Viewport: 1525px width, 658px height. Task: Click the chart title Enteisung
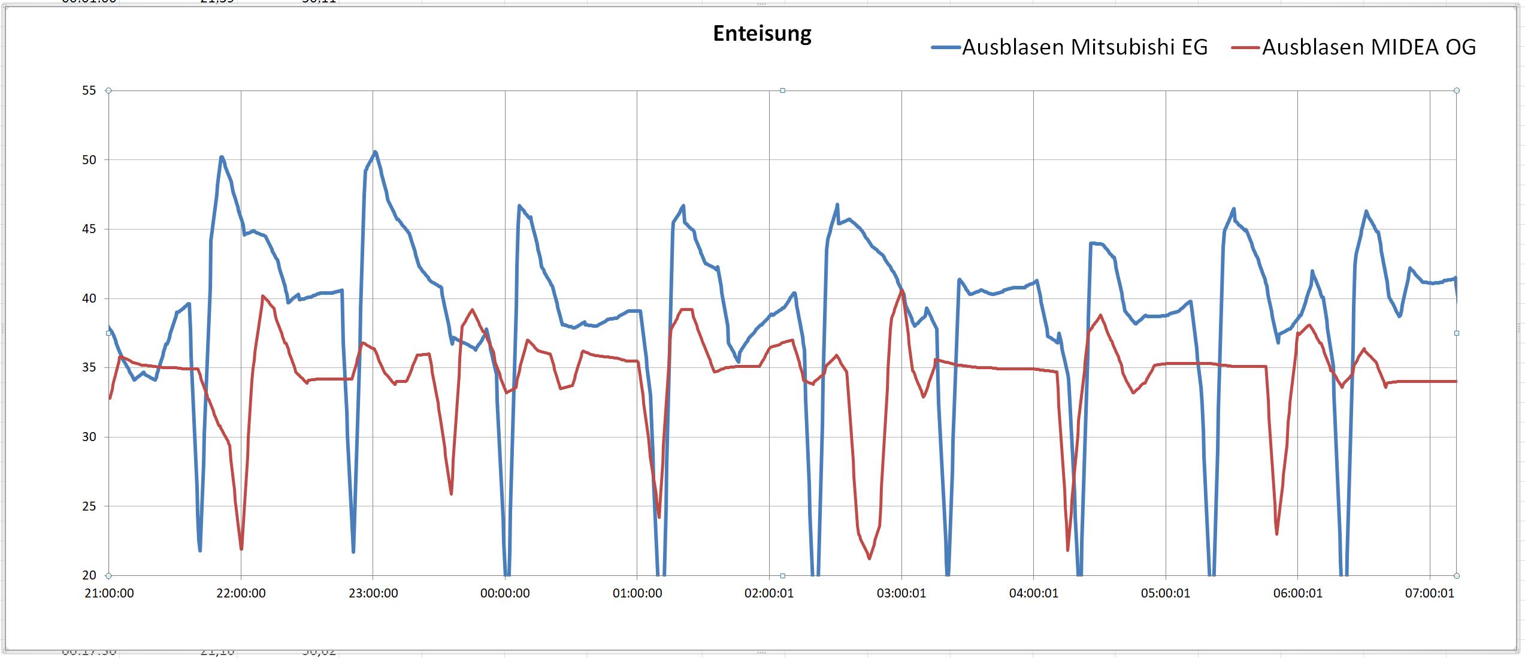[762, 34]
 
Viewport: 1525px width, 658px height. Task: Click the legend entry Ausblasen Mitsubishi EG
[1084, 47]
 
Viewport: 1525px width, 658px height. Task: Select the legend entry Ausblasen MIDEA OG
[1369, 47]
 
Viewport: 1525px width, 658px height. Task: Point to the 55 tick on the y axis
[89, 90]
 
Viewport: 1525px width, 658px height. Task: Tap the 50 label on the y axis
[89, 160]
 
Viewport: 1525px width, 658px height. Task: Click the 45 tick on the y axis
[89, 229]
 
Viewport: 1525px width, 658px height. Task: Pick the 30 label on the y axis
[89, 437]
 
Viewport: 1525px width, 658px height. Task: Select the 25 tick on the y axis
[89, 506]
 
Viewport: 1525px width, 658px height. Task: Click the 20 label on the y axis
[89, 575]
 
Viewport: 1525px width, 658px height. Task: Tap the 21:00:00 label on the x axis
[109, 593]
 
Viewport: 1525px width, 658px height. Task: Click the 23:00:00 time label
[373, 593]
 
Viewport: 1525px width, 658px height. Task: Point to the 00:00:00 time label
[505, 593]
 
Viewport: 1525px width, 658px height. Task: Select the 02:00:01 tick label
[769, 593]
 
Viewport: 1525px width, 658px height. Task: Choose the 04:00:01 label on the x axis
[1033, 593]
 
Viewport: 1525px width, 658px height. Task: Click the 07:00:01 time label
[1429, 593]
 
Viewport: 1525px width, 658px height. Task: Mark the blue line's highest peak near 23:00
[375, 152]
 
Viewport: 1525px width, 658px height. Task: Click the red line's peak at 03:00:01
[902, 291]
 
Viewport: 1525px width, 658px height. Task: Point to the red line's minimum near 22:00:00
[241, 548]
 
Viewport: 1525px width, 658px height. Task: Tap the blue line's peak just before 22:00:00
[222, 157]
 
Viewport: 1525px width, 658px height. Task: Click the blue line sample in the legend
[946, 47]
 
